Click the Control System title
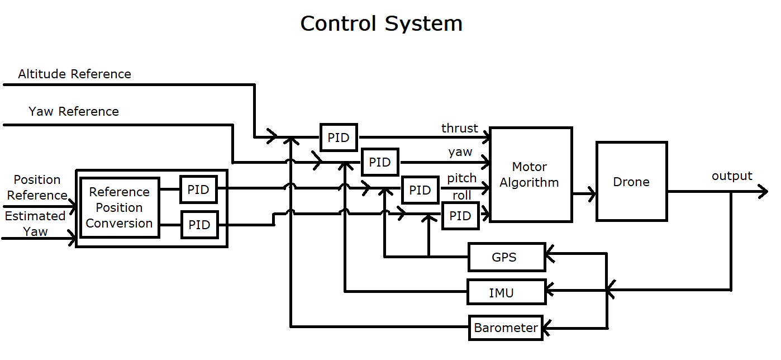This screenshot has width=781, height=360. point(381,23)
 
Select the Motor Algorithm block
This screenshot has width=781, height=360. point(530,174)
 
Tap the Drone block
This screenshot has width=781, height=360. point(631,182)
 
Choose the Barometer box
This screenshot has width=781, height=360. point(506,328)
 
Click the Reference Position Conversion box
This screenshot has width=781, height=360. point(120,207)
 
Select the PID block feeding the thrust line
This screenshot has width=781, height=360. point(339,138)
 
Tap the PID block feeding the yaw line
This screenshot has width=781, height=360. point(380,162)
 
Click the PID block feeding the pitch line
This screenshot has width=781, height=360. point(420,190)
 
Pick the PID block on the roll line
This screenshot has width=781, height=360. point(460,216)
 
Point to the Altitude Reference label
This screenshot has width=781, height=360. point(74,74)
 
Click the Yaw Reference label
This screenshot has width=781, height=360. point(74,111)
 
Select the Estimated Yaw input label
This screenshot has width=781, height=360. point(35,224)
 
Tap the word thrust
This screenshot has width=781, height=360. point(460,128)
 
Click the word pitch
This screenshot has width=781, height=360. point(462,178)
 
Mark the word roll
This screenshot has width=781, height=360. point(462,196)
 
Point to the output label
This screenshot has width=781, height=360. point(732,176)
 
